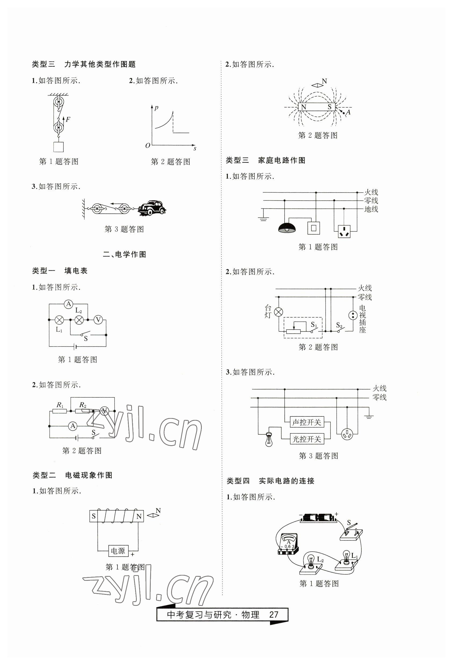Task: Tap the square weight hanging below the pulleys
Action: coord(59,147)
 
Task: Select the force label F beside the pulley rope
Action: coord(68,119)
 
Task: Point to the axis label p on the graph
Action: coord(156,108)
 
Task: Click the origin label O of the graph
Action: coord(148,145)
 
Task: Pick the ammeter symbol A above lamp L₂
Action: coord(69,304)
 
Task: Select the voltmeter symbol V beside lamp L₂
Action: coord(98,319)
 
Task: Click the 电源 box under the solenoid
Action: coord(118,551)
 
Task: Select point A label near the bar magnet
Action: coord(348,112)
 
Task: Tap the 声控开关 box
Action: coord(307,422)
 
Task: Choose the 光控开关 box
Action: coord(307,439)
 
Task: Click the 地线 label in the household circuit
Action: coord(371,209)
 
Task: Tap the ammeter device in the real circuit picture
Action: coord(288,544)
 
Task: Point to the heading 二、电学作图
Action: coord(125,254)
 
